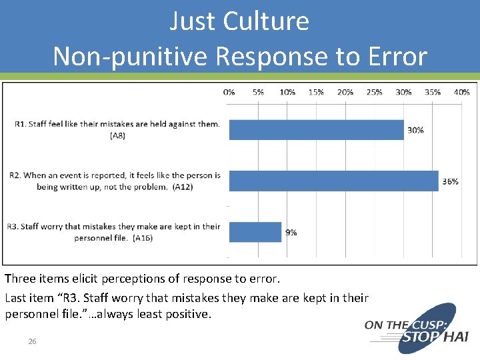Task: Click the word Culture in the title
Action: [x=266, y=21]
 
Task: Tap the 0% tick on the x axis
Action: [x=229, y=92]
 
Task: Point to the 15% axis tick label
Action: [x=316, y=92]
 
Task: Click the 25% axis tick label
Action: [x=374, y=92]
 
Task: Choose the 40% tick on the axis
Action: [x=461, y=92]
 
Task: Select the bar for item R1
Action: [x=316, y=130]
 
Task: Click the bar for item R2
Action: [x=333, y=181]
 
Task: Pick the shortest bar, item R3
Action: [x=255, y=232]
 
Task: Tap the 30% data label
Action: [x=415, y=130]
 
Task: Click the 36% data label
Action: [x=451, y=181]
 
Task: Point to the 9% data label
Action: [x=291, y=233]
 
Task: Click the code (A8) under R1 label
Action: [x=117, y=136]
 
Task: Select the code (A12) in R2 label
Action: [x=183, y=187]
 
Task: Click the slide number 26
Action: [x=32, y=341]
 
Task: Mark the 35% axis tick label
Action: [x=432, y=92]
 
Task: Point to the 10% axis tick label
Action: [x=287, y=92]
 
